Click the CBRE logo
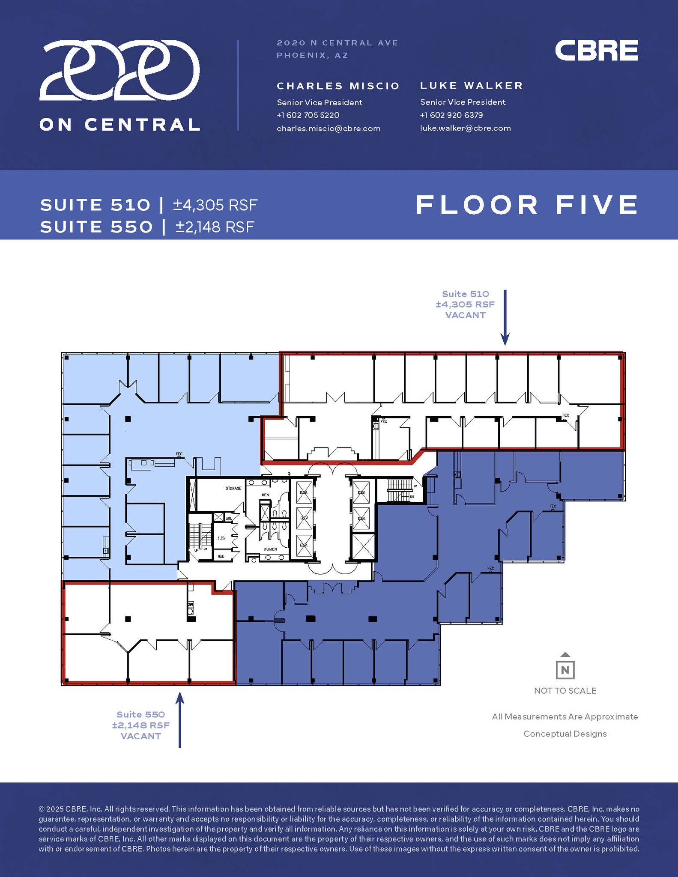tap(596, 51)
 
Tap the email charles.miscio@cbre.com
tap(329, 128)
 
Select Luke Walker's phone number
tap(451, 115)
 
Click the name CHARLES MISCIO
tap(338, 86)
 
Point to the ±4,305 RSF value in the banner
tap(215, 205)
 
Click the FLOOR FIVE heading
tap(527, 205)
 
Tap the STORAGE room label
tap(233, 488)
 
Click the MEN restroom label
tap(265, 495)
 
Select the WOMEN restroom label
tap(270, 549)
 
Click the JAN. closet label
tap(228, 519)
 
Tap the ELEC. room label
tap(221, 538)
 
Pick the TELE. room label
tap(221, 556)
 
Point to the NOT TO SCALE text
tap(565, 691)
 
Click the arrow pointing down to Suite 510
tap(505, 317)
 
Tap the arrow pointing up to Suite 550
tap(180, 719)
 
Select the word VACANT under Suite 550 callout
tap(141, 736)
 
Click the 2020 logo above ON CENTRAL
tap(119, 71)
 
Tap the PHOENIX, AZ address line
tap(312, 55)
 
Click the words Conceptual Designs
tap(565, 734)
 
